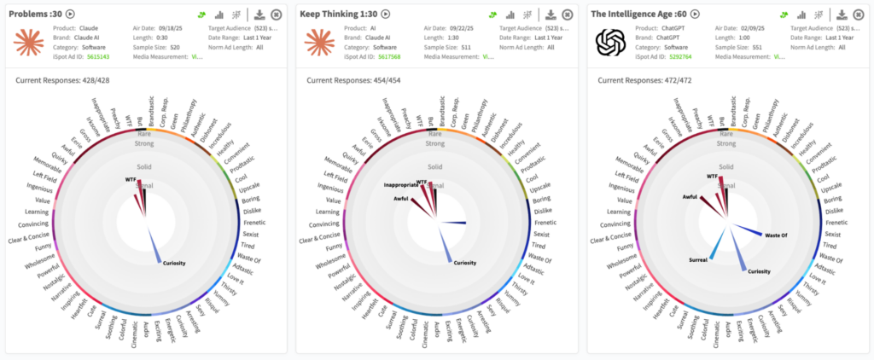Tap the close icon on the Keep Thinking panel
pos(567,15)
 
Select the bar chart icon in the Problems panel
pos(219,15)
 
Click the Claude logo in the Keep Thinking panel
pos(318,42)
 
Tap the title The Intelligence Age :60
pos(638,14)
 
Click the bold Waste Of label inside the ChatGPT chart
pos(776,235)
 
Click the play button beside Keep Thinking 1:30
pos(386,14)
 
